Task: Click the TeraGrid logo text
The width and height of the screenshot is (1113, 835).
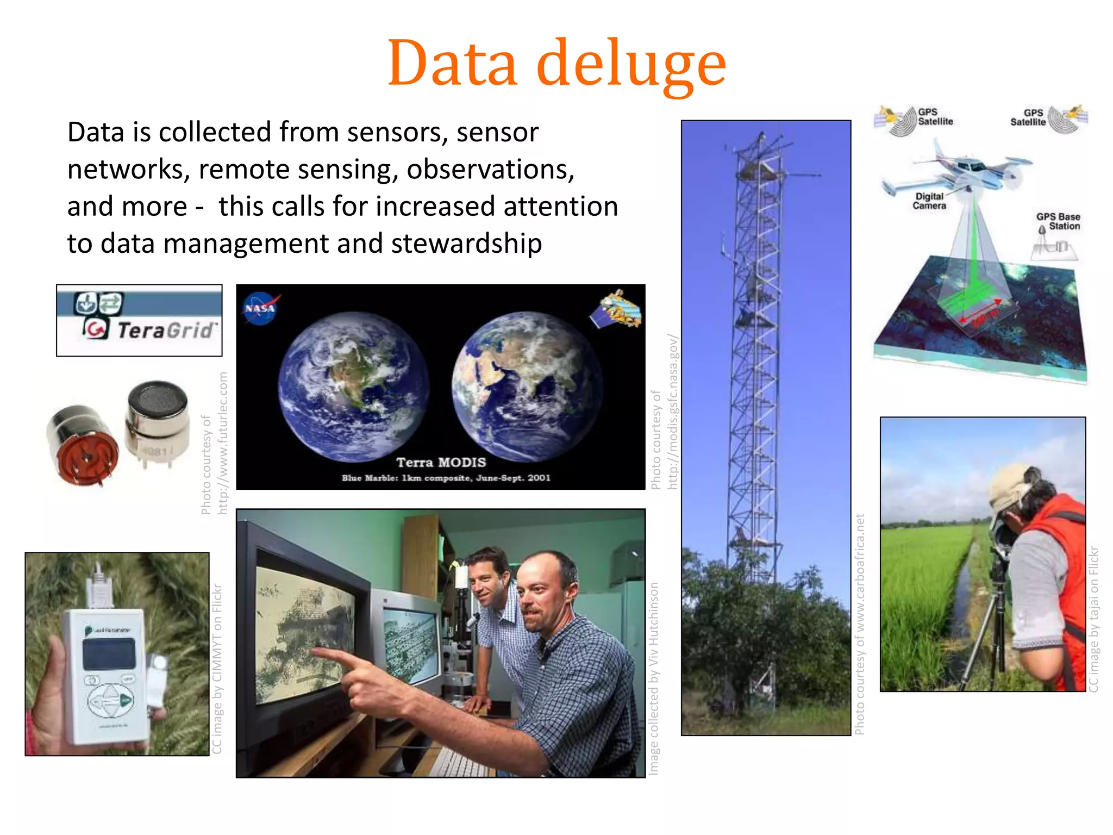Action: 166,330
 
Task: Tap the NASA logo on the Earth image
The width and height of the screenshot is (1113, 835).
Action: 260,308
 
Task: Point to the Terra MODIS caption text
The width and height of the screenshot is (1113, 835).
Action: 441,463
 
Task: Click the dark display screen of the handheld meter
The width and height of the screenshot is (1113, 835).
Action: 109,653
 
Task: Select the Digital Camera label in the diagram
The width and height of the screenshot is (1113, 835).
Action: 929,201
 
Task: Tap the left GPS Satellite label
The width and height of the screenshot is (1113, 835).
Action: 935,117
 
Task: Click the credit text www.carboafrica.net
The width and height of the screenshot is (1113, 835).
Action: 859,576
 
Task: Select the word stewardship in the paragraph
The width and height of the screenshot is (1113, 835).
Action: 466,243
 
